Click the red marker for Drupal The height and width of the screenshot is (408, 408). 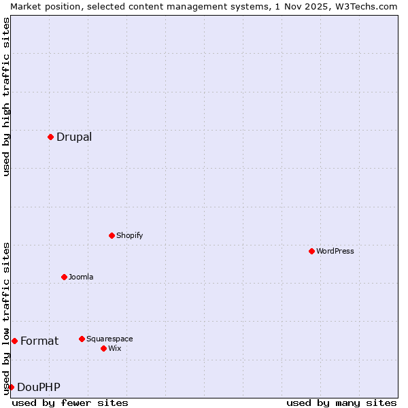50,137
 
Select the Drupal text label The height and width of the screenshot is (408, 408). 74,137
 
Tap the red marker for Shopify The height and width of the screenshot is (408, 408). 112,235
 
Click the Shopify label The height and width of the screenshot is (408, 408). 129,235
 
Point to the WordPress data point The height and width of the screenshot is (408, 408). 311,251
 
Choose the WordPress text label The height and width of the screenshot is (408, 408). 335,251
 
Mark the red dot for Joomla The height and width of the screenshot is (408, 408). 64,277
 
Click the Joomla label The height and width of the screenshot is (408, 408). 81,277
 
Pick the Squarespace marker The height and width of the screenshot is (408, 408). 82,339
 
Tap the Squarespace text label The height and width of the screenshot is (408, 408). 109,339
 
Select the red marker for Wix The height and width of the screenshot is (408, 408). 103,348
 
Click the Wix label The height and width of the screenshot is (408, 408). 115,348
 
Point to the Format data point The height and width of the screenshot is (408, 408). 14,341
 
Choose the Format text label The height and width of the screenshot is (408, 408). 39,341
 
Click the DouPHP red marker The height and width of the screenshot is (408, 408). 11,387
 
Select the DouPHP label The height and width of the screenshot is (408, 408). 39,388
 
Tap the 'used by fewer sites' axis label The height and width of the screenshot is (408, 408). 70,403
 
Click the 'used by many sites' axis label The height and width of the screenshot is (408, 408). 341,403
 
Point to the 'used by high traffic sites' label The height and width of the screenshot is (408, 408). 6,97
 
